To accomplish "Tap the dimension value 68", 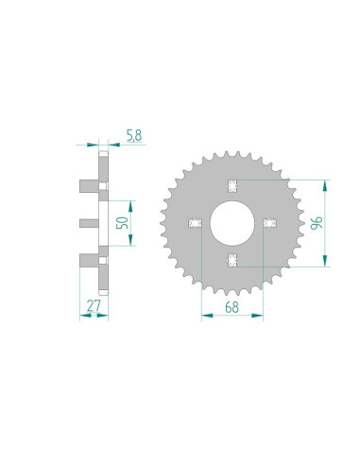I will tap(232, 305).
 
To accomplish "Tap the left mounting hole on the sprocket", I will tap(195, 223).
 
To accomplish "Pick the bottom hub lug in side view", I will tap(90, 261).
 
